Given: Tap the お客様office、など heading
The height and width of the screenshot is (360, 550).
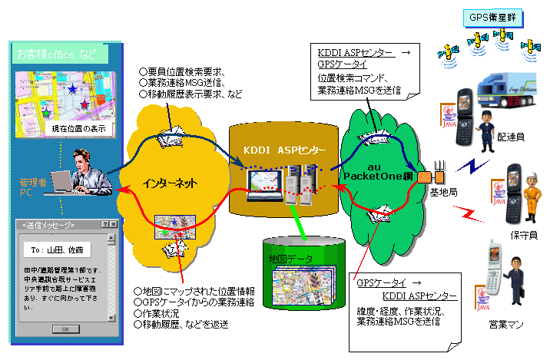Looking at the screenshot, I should tap(54, 55).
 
